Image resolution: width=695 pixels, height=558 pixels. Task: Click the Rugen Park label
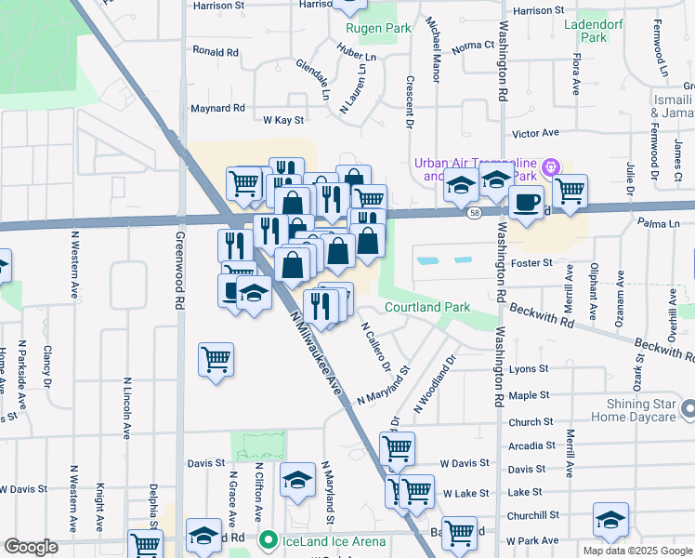coord(378,28)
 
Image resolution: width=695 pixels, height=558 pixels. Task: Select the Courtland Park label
coord(427,307)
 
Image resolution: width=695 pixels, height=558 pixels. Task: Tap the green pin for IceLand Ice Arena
coord(269,538)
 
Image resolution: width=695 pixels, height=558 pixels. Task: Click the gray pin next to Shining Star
coord(688,408)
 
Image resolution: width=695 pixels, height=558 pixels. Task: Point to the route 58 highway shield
coord(474,213)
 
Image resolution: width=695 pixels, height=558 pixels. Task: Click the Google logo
coord(32,547)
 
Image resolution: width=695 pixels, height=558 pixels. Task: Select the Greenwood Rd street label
coord(178,271)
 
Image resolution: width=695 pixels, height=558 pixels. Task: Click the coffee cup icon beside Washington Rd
coord(526,202)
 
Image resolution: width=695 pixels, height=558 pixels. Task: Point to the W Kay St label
coord(283,120)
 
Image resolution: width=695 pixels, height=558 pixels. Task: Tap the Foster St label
coord(532,263)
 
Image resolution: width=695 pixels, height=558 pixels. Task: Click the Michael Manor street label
coord(432,48)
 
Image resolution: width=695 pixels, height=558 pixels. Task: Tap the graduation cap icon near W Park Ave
coord(610,519)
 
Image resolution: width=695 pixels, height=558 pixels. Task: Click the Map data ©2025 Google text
coord(636,551)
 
